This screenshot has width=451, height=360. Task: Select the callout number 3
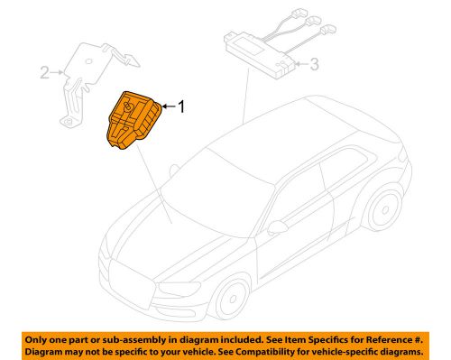point(313,64)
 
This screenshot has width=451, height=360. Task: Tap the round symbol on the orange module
point(129,109)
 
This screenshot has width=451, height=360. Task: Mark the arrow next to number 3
point(299,64)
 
